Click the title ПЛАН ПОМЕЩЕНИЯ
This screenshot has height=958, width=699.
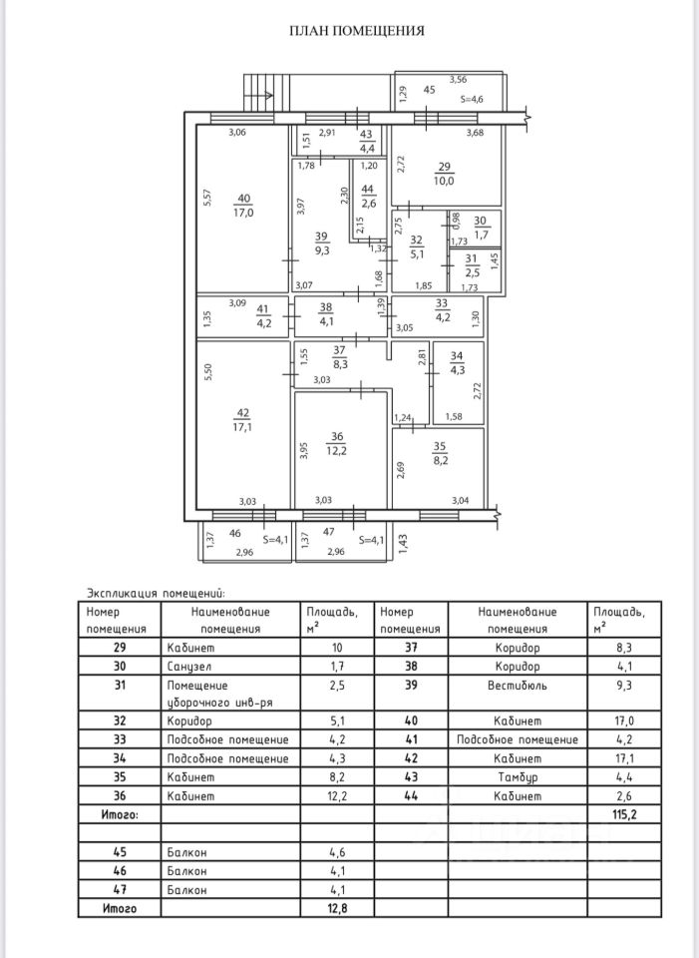pos(356,31)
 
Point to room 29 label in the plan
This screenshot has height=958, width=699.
pos(444,167)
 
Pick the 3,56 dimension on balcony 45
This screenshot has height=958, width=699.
pos(459,79)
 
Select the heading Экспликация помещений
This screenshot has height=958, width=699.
pos(157,592)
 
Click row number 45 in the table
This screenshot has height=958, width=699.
pos(119,853)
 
